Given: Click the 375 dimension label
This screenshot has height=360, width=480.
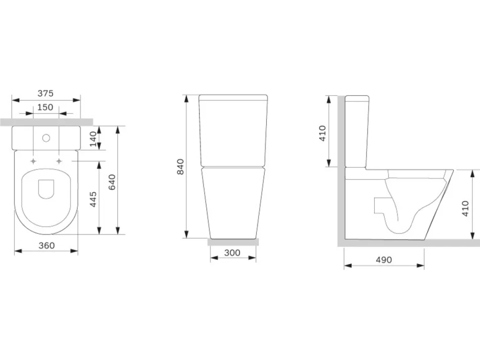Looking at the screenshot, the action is coord(46,93).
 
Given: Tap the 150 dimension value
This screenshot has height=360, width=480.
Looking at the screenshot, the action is coord(46,107).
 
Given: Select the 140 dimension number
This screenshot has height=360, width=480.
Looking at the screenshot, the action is coord(94,139).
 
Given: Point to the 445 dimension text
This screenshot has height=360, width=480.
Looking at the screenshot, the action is coord(94,199).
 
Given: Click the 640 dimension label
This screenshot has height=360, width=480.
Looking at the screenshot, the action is coord(112,182).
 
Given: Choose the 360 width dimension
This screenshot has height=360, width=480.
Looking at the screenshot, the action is coord(47,245).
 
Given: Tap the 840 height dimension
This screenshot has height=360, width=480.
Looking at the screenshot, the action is coord(181,167).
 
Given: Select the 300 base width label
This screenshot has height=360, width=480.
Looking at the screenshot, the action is coord(232,253).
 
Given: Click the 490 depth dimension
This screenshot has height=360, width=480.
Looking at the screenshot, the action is coord(384,260).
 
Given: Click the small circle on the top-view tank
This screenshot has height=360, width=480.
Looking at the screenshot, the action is coord(46,138).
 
